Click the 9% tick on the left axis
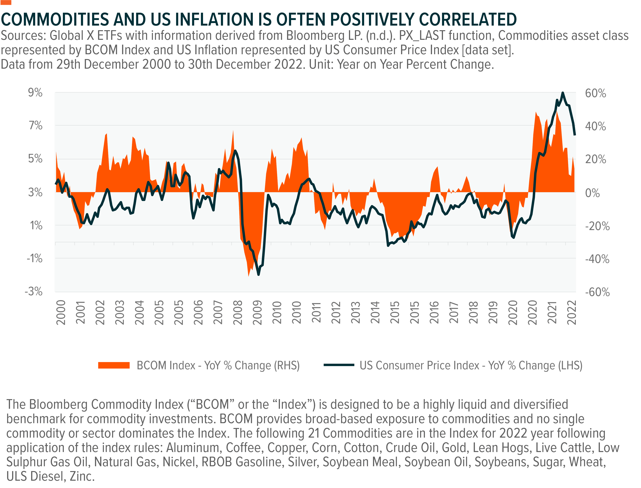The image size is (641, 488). [35, 93]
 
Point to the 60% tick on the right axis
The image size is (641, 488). [595, 93]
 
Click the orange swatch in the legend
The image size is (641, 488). [114, 365]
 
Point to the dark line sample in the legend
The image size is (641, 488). [339, 365]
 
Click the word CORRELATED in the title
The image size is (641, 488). [468, 20]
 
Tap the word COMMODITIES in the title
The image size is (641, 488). [55, 20]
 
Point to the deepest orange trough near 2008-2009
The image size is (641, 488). [249, 276]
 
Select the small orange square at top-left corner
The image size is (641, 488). [6, 2]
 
